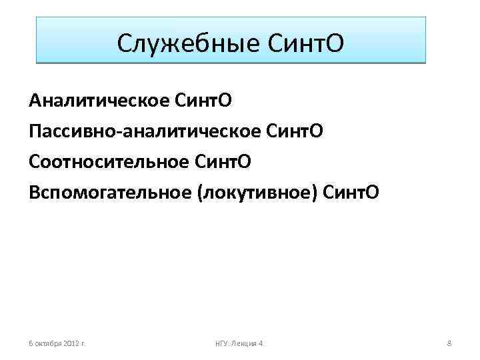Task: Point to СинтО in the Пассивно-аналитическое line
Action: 294,131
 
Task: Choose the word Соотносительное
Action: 109,161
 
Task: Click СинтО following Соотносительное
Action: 223,161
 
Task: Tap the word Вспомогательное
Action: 110,192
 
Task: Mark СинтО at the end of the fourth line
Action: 351,192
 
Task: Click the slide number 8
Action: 449,343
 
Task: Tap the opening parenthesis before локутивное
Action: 199,192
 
